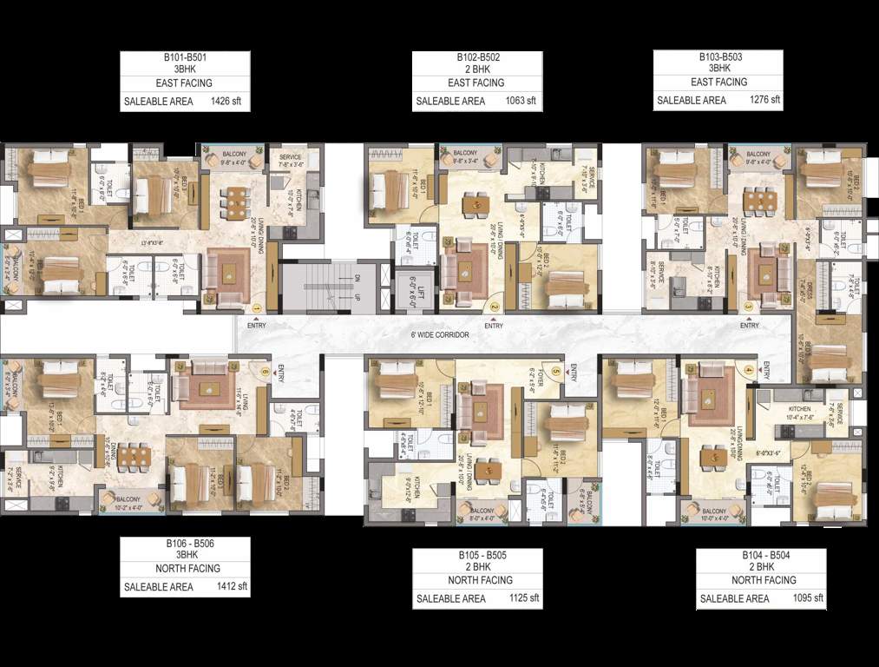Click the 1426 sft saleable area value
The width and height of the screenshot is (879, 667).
(x=225, y=102)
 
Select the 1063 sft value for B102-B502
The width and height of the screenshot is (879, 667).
(x=521, y=102)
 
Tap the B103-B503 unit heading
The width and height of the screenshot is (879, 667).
(x=719, y=56)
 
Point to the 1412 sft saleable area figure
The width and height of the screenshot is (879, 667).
(x=231, y=586)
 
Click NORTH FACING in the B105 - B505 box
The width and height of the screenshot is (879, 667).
(x=476, y=579)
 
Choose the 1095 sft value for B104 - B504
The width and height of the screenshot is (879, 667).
(x=806, y=598)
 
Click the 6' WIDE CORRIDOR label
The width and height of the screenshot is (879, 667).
(x=440, y=334)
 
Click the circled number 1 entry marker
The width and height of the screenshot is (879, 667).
(x=257, y=307)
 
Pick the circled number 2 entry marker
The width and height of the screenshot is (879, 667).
(x=494, y=307)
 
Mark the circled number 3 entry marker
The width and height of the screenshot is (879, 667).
(x=749, y=307)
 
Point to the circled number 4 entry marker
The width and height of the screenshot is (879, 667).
(x=748, y=370)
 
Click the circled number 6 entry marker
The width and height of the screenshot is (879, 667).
(x=265, y=370)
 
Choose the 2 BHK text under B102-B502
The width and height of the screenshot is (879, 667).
(x=476, y=69)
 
